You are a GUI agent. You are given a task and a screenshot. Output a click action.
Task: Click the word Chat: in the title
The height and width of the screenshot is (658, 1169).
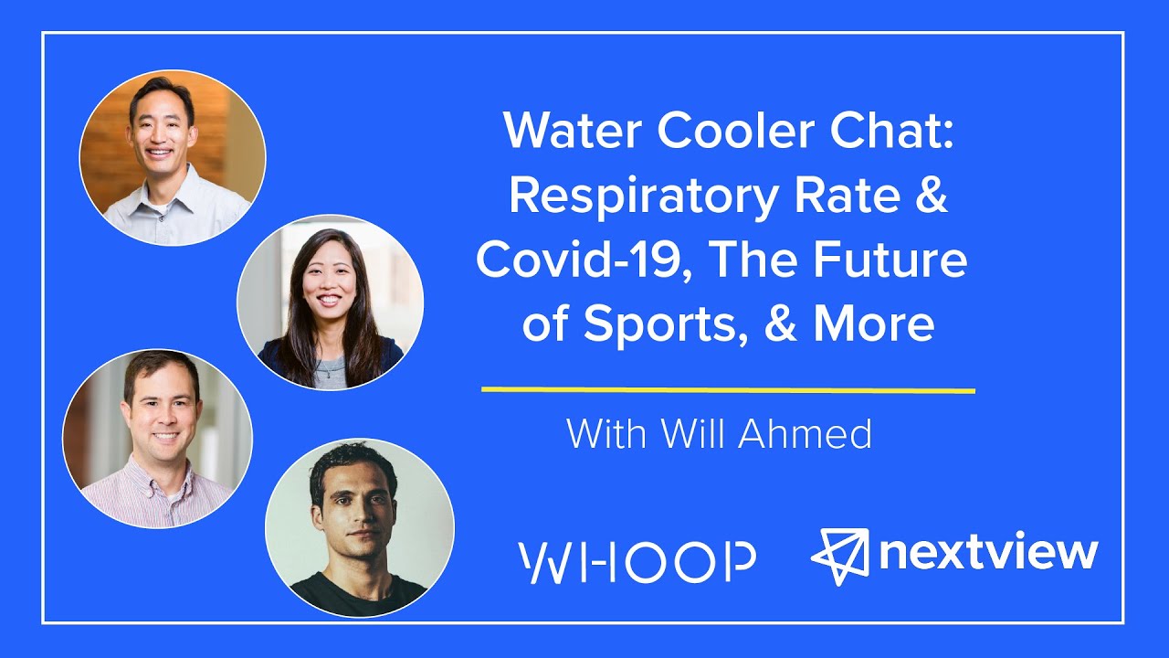[x=891, y=132]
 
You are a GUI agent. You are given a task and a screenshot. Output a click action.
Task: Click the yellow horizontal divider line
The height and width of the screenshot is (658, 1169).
[x=728, y=390]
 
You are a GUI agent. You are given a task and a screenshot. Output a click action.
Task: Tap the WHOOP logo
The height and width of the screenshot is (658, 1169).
[x=637, y=562]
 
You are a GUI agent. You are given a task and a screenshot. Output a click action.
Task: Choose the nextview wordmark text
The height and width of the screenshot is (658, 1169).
[x=989, y=553]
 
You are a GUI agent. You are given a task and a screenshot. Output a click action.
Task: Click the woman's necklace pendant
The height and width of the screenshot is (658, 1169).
[x=326, y=372]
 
